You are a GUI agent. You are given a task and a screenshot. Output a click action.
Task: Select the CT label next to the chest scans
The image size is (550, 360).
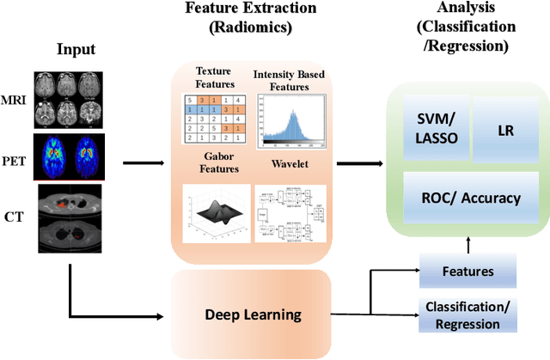[15, 207]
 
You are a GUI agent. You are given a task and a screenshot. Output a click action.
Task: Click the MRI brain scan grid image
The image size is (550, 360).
[68, 97]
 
